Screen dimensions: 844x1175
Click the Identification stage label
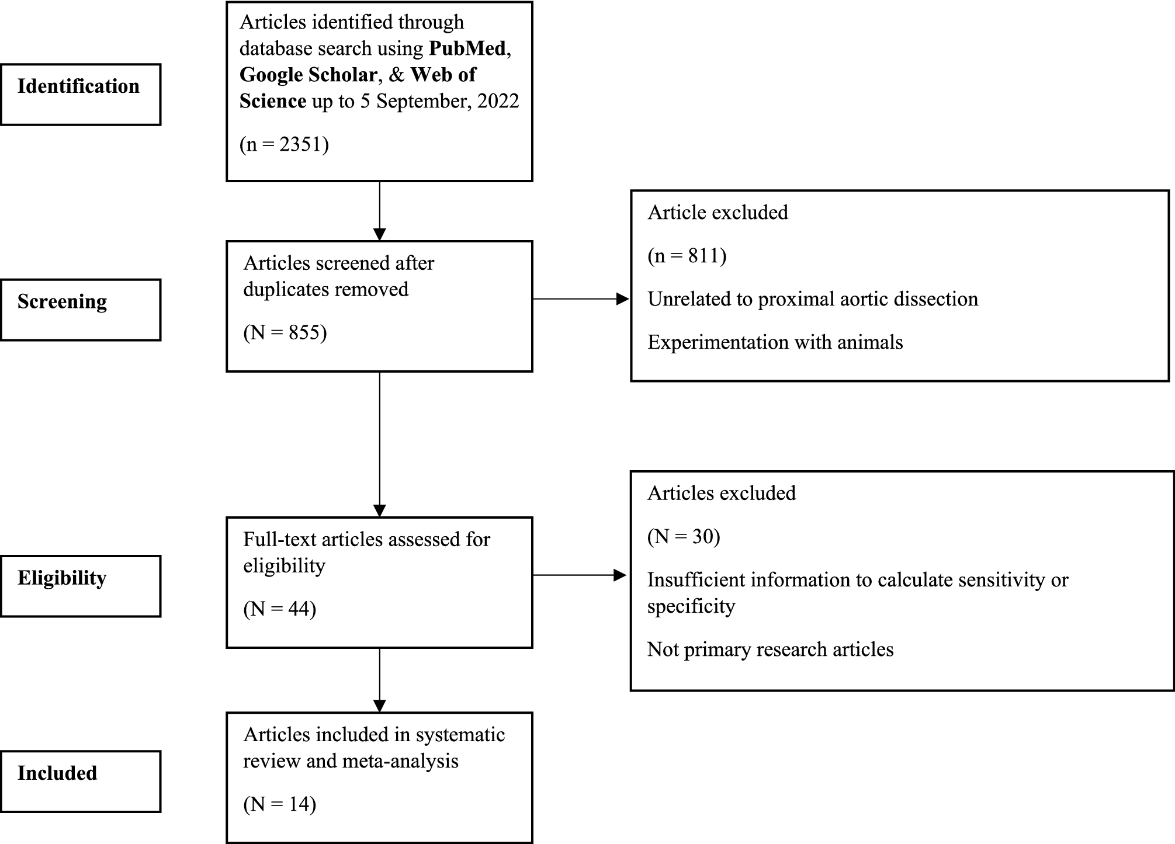click(78, 86)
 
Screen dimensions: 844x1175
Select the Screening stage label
click(62, 301)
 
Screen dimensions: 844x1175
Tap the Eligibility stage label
click(62, 578)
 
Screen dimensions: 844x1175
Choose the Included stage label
click(57, 773)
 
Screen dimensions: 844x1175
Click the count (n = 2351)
click(284, 144)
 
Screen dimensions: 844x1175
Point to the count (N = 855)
click(285, 332)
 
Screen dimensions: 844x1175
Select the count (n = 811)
click(687, 256)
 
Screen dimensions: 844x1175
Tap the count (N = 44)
click(279, 609)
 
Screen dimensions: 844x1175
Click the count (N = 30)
click(684, 536)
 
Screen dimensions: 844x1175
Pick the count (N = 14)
click(279, 804)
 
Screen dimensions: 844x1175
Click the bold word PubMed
click(467, 48)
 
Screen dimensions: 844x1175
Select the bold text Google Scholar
click(308, 75)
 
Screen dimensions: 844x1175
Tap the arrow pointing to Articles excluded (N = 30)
click(579, 575)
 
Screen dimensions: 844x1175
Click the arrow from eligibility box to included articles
click(380, 680)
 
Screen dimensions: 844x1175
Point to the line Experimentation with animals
click(775, 342)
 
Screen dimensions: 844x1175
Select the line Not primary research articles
click(770, 650)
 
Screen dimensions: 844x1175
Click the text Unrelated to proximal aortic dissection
click(812, 299)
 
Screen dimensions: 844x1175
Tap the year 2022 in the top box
click(498, 101)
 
